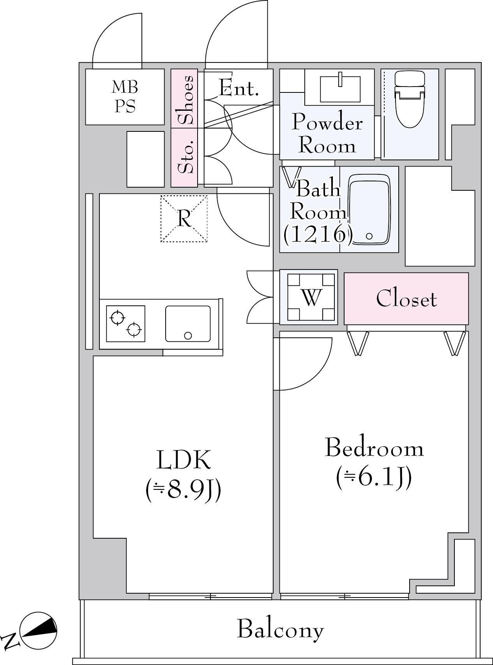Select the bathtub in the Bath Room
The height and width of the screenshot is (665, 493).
click(x=369, y=210)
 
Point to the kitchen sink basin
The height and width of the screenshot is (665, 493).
click(x=188, y=324)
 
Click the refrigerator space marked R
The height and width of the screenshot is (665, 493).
click(x=184, y=218)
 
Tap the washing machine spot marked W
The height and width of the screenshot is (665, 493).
click(x=311, y=297)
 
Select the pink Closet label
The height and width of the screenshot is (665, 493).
click(x=406, y=299)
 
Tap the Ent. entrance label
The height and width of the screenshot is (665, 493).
click(x=239, y=88)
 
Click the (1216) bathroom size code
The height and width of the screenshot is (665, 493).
click(x=318, y=234)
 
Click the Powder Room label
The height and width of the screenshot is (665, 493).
click(x=327, y=133)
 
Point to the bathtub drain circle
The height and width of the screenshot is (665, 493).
click(x=369, y=236)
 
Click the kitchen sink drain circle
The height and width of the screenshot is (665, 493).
click(x=188, y=335)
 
